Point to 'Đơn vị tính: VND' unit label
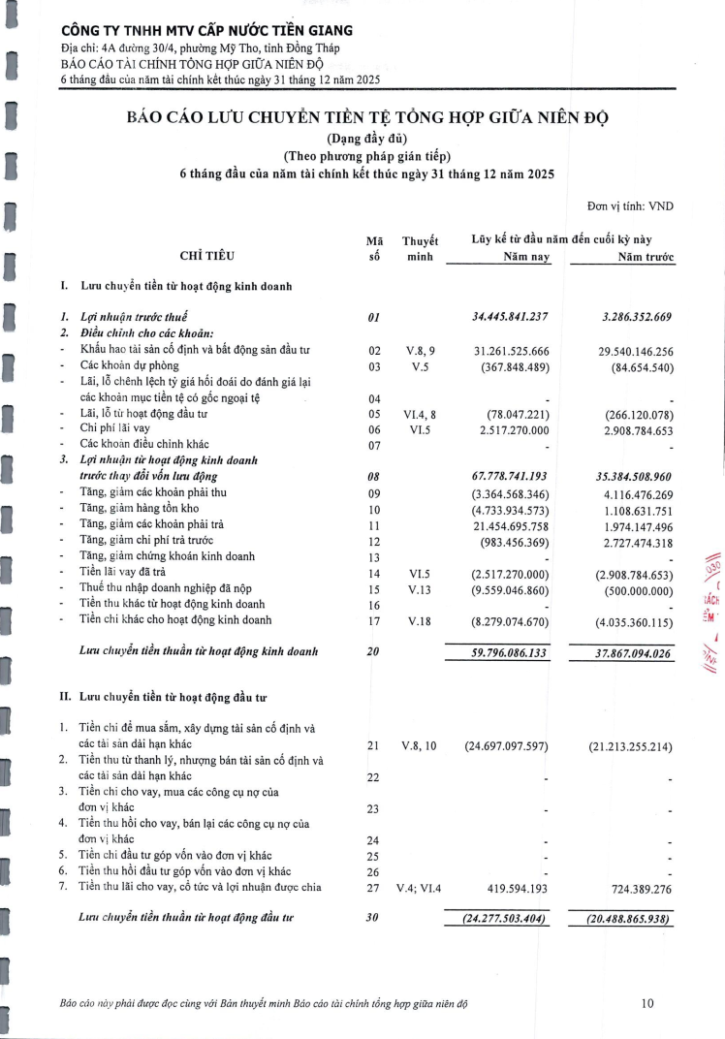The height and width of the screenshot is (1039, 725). (x=630, y=205)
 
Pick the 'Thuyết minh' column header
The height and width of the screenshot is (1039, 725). (x=420, y=248)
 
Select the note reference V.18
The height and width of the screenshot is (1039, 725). (x=420, y=618)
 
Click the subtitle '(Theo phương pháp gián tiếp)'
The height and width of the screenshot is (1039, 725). (x=367, y=156)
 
